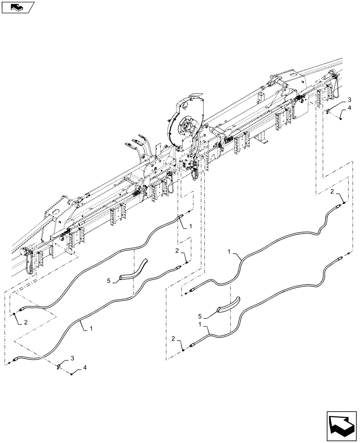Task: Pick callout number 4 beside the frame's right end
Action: [349, 108]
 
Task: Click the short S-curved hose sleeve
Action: [132, 270]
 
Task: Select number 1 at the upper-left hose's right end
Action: [191, 226]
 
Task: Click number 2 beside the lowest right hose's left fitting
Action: [173, 339]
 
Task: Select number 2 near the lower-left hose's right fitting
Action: [178, 251]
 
